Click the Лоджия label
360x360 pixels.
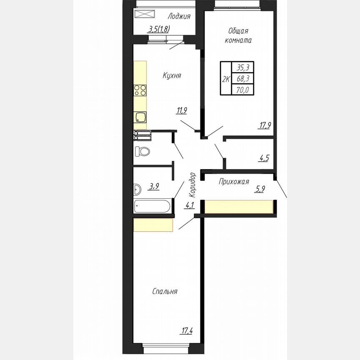pyautogui.click(x=179, y=17)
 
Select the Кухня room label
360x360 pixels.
pyautogui.click(x=172, y=76)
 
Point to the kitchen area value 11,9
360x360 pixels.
pyautogui.click(x=182, y=110)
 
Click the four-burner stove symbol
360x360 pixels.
pyautogui.click(x=140, y=90)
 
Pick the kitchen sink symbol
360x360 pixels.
pyautogui.click(x=140, y=117)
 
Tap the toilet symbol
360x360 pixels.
pyautogui.click(x=142, y=151)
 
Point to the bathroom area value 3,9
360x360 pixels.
pyautogui.click(x=154, y=187)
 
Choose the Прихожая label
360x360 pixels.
pyautogui.click(x=234, y=181)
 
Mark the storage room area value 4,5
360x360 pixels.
pyautogui.click(x=264, y=158)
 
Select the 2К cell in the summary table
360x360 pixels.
pyautogui.click(x=226, y=79)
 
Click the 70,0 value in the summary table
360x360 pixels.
pyautogui.click(x=243, y=89)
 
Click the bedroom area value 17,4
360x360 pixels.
pyautogui.click(x=187, y=331)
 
